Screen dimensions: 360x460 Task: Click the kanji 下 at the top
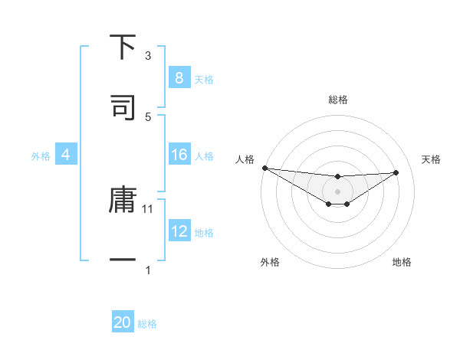coord(123,47)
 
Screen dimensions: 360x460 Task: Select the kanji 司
coord(123,107)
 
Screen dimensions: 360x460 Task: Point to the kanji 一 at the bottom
coord(123,260)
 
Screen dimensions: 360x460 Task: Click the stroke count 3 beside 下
coord(148,56)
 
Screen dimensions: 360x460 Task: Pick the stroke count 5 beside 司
coord(148,116)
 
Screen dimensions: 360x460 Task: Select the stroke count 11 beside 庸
coord(148,208)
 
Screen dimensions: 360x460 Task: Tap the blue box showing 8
coord(179,78)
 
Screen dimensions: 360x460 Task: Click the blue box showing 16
coord(179,155)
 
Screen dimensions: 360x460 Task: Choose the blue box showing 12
coord(179,231)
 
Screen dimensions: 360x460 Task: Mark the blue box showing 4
coord(65,155)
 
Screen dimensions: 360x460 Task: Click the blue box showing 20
coord(123,322)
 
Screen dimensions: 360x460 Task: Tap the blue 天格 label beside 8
coord(204,79)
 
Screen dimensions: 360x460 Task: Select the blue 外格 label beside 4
coord(41,156)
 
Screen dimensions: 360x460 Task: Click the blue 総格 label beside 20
coord(147,324)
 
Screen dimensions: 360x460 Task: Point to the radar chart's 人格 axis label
coord(245,159)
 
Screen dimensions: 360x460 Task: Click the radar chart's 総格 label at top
coord(338,100)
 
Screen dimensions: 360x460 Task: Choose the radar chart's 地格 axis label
coord(402,262)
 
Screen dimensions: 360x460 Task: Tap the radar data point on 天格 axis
coord(396,172)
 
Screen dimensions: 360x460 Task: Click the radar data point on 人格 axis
coord(264,168)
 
